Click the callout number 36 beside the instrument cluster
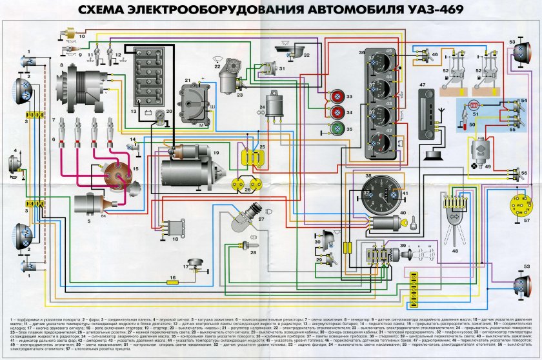pyautogui.click(x=362, y=52)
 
